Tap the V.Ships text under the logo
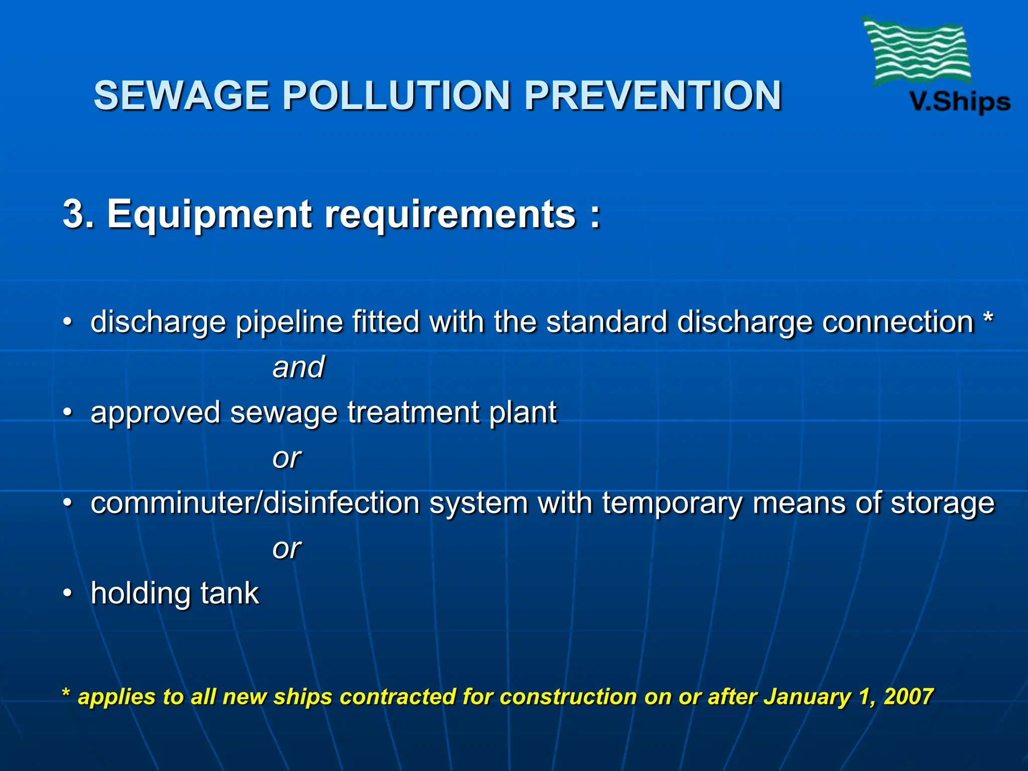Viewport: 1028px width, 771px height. click(960, 102)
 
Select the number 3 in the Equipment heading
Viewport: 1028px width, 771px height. click(73, 214)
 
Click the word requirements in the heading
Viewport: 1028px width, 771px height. click(450, 214)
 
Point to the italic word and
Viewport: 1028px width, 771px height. click(298, 367)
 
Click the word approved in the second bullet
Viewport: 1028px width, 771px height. click(155, 413)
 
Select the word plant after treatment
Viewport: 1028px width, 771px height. click(523, 413)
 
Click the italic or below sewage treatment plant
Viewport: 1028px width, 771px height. click(286, 458)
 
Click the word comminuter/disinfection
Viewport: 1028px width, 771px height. click(255, 503)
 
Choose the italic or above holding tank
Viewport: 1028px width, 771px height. click(286, 548)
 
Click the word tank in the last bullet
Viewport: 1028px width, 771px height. click(229, 593)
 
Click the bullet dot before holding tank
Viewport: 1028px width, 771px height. click(67, 594)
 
